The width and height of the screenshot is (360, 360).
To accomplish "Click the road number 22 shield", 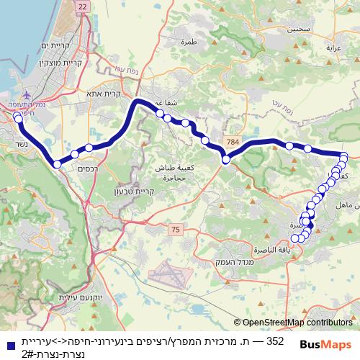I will [82, 6].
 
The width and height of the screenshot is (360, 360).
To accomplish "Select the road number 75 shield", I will [176, 230].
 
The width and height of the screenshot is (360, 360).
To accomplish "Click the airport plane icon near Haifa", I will [27, 94].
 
